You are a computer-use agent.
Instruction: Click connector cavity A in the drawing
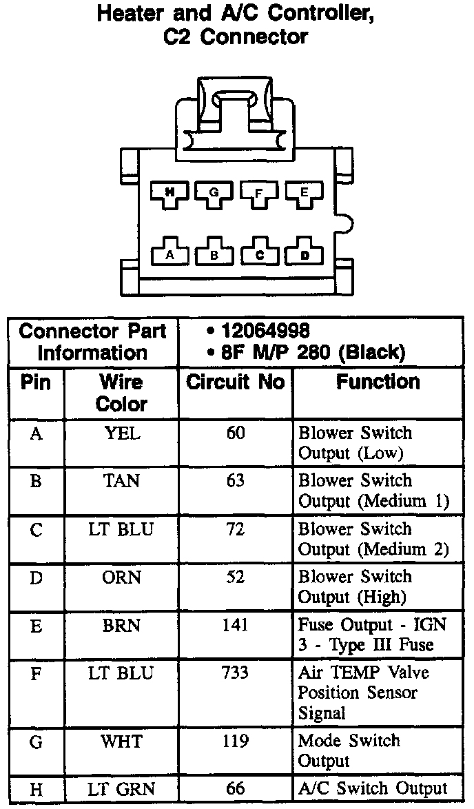point(169,254)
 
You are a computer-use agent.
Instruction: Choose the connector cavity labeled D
point(304,254)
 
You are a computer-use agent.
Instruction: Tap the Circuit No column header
point(236,382)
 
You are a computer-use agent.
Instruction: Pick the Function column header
point(378,382)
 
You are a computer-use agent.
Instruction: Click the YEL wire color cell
point(121,433)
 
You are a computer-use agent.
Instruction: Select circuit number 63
point(236,480)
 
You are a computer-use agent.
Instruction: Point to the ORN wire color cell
point(121,577)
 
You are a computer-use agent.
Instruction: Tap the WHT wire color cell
point(121,741)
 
